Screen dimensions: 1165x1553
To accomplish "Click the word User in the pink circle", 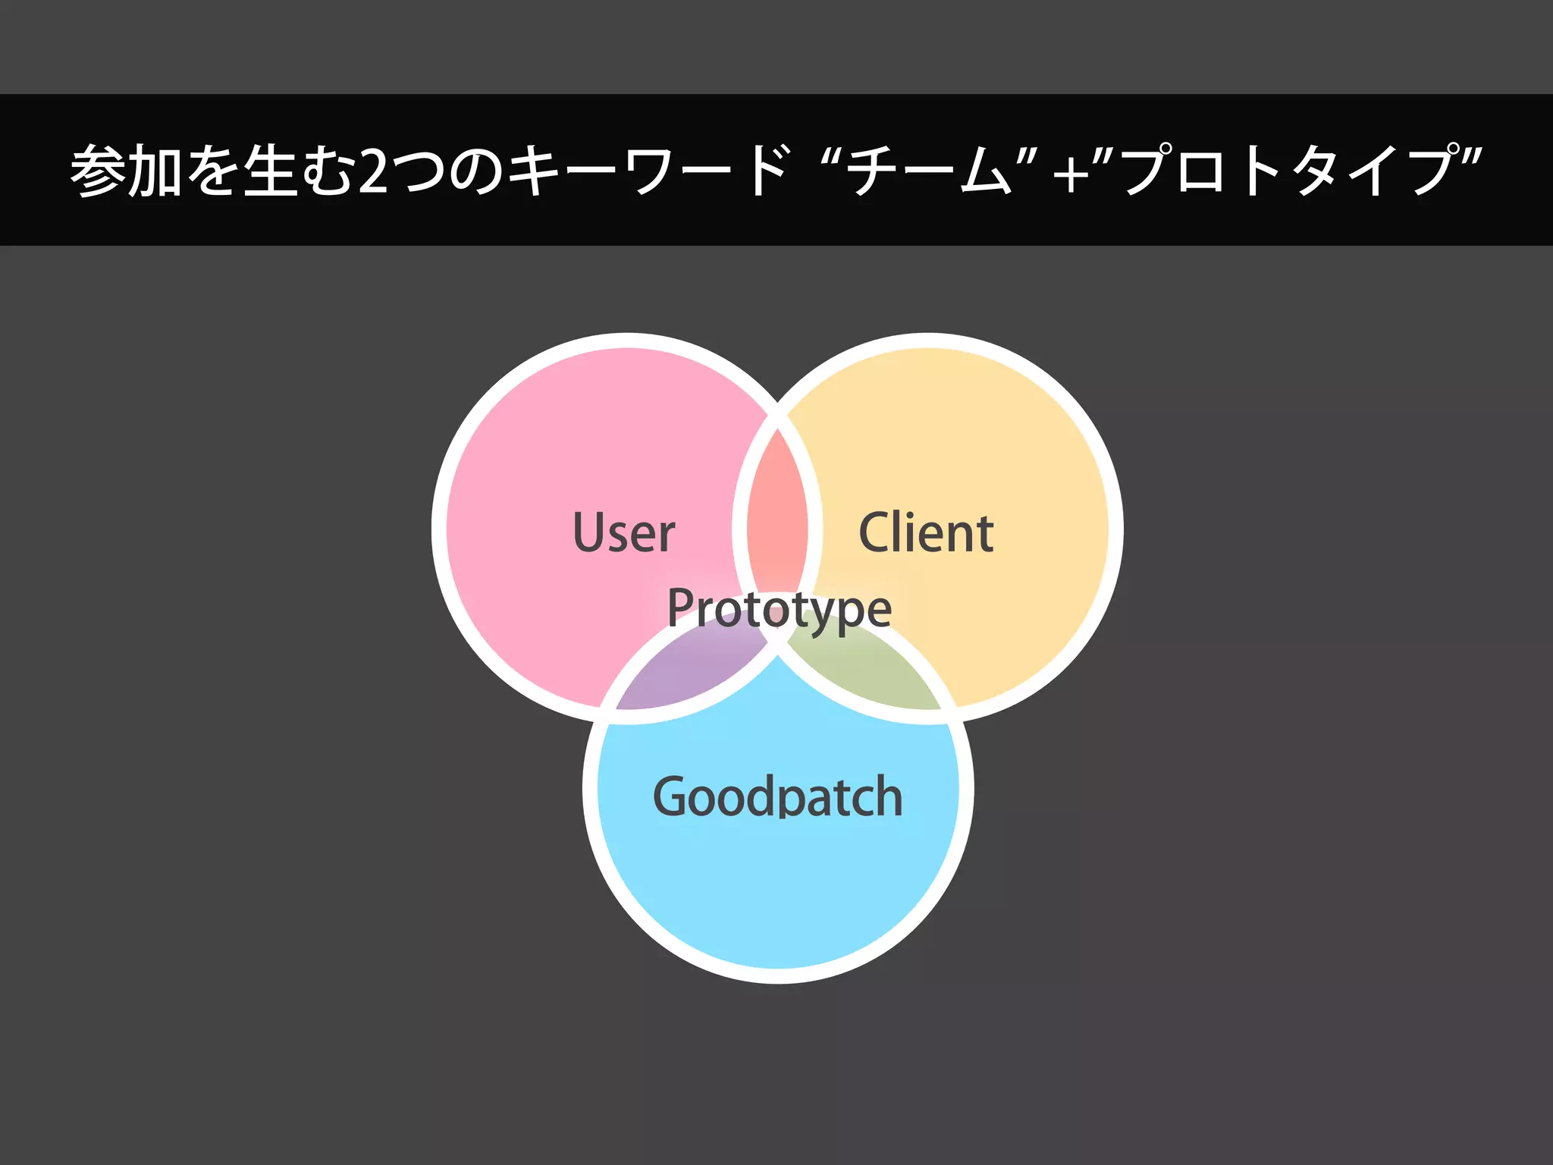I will [623, 532].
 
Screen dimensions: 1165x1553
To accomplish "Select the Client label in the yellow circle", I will [926, 532].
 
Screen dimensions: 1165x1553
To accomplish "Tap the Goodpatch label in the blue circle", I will [778, 796].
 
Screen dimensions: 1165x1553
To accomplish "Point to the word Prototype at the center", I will [780, 608].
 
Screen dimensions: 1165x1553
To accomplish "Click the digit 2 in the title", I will [374, 171].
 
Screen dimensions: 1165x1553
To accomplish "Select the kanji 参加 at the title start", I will [126, 171].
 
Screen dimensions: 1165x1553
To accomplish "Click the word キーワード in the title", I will [649, 171].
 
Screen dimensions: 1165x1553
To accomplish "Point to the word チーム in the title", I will [928, 171].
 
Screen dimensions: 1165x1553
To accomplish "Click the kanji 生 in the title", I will [270, 171].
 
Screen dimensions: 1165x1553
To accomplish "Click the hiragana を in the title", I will [213, 171].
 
